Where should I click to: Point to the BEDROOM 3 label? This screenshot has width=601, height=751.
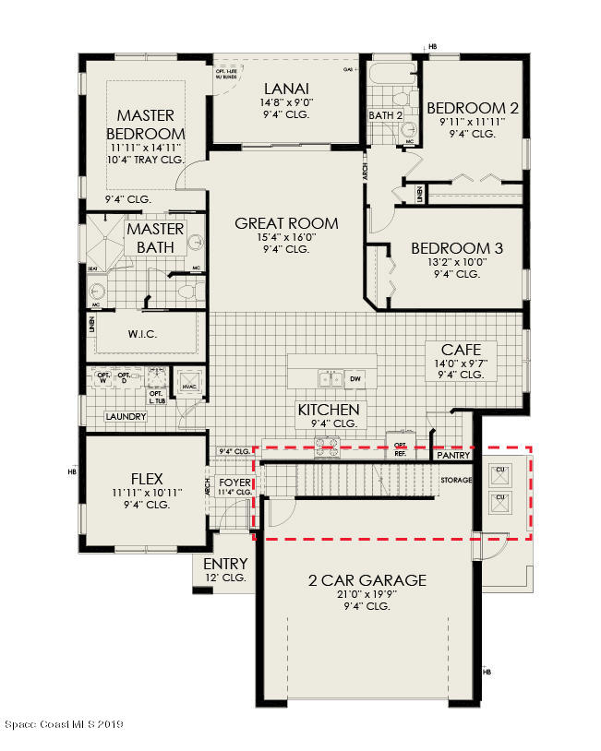click(x=457, y=248)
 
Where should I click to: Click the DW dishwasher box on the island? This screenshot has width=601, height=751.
click(x=355, y=378)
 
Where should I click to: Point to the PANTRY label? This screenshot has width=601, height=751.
click(x=453, y=455)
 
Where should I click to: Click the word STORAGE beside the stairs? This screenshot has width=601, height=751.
click(x=456, y=481)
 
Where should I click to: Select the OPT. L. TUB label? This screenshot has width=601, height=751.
click(x=156, y=396)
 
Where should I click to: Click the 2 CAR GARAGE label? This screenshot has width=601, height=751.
click(x=367, y=580)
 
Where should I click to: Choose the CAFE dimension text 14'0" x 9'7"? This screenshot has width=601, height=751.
click(x=461, y=364)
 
